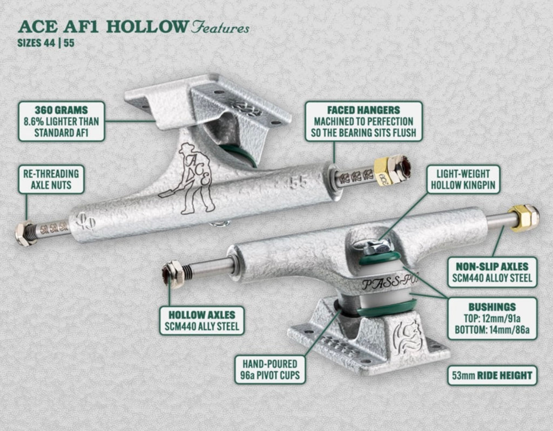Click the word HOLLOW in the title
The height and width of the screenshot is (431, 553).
[x=147, y=27]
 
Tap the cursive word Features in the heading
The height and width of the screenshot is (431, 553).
[x=220, y=28]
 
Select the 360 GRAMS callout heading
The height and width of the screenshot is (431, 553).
[x=62, y=110]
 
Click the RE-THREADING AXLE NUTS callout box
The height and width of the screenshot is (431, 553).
[x=51, y=180]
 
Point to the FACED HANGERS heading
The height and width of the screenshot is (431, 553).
[x=363, y=110]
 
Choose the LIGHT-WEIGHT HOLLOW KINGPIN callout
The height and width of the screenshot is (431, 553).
[x=463, y=180]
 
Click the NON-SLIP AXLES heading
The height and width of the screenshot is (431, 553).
[x=492, y=266]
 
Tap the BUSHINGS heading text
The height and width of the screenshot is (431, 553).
[x=492, y=306]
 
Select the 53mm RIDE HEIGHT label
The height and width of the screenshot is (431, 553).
[x=492, y=375]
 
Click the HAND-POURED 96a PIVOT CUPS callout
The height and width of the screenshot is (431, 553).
[x=270, y=370]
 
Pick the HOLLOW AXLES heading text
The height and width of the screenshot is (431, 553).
[x=202, y=314]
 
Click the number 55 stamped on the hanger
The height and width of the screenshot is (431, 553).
[x=298, y=182]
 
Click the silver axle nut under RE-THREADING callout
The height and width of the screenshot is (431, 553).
[x=23, y=233]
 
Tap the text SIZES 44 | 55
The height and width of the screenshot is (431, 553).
[x=46, y=43]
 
